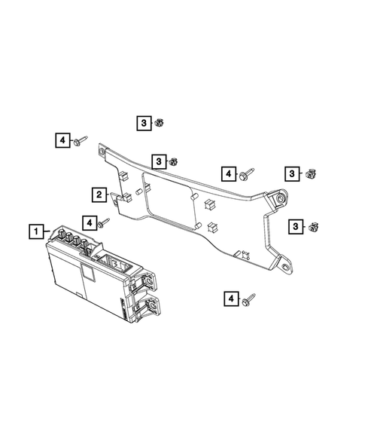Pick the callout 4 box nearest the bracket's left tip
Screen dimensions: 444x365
(x=62, y=139)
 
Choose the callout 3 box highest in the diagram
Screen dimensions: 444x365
(x=141, y=121)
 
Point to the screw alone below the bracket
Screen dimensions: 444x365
(x=248, y=299)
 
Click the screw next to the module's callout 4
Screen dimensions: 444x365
(x=105, y=222)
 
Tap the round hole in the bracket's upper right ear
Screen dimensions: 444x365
(x=279, y=198)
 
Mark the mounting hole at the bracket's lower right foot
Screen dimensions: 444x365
(x=284, y=265)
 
